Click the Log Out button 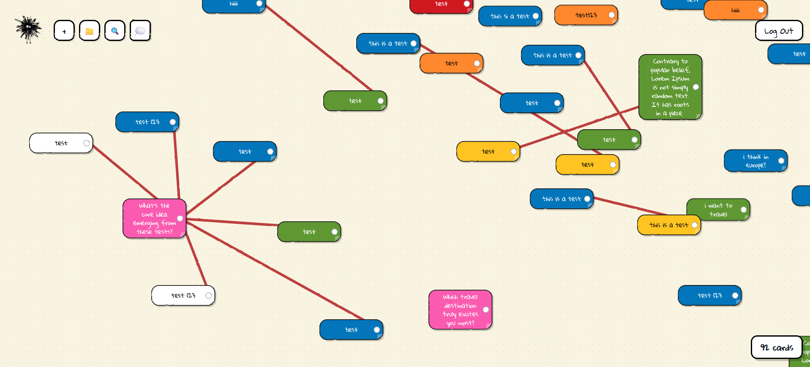click(x=778, y=31)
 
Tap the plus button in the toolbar click(x=64, y=31)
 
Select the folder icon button click(x=90, y=31)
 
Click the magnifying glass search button click(x=115, y=31)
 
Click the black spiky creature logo click(x=28, y=29)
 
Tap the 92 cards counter click(x=776, y=348)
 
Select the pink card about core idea click(x=152, y=219)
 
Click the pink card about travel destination click(x=458, y=310)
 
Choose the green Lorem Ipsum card click(x=668, y=87)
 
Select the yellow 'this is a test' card click(x=665, y=225)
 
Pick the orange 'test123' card click(x=583, y=15)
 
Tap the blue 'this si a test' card click(x=507, y=16)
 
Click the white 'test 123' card click(x=180, y=296)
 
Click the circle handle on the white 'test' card click(x=87, y=143)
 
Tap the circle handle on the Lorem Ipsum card click(x=696, y=87)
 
